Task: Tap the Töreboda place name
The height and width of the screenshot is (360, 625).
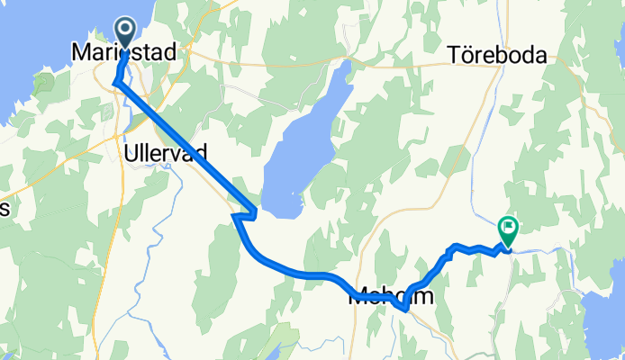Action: click(x=497, y=56)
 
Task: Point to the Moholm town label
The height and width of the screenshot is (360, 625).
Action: click(x=391, y=295)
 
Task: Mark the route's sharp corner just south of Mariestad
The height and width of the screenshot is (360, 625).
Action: click(x=115, y=83)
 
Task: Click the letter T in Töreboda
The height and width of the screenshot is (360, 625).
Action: click(x=453, y=56)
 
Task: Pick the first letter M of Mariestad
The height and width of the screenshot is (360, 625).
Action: click(x=78, y=55)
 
